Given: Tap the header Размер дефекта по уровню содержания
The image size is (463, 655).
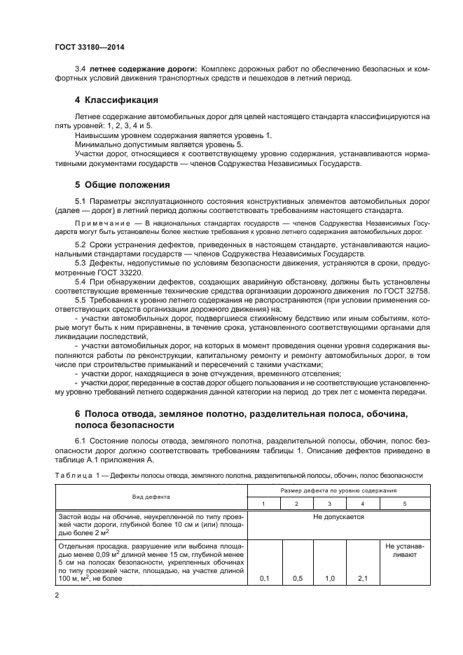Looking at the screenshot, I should (x=335, y=491).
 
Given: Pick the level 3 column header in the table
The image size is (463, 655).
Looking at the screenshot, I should (x=329, y=504).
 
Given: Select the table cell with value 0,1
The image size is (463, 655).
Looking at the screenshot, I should (x=265, y=578).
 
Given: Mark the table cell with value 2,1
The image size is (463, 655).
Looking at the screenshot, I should (x=362, y=578).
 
